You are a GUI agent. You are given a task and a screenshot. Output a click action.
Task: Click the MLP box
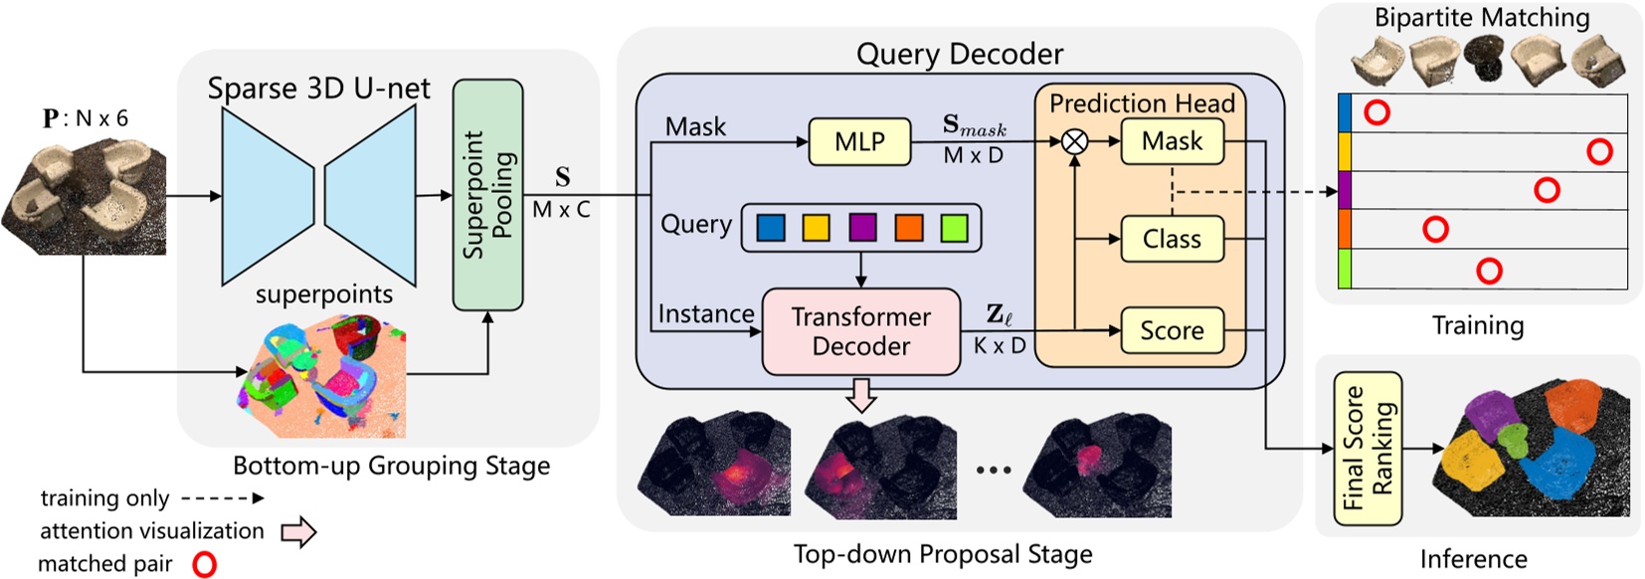click(859, 142)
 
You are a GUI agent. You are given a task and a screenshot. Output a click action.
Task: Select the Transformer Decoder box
click(861, 331)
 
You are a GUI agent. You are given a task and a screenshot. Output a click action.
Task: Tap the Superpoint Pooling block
click(487, 195)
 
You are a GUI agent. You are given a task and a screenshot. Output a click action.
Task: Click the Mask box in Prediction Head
click(1172, 142)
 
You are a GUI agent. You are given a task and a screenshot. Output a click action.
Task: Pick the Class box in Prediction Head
click(1172, 240)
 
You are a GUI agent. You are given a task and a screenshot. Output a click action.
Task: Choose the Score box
click(1172, 330)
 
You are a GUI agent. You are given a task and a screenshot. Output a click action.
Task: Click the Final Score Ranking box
click(1368, 449)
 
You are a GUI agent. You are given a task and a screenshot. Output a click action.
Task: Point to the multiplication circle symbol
click(1074, 142)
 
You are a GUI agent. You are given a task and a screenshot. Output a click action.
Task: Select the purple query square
click(862, 228)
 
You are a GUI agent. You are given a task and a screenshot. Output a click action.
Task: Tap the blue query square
click(771, 228)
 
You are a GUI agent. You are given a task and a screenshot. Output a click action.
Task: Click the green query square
click(954, 228)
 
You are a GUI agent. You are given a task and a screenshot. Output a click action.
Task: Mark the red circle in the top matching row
click(1376, 112)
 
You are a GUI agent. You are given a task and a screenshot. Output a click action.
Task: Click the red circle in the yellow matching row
click(1599, 151)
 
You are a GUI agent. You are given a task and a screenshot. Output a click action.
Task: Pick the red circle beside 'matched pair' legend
click(204, 564)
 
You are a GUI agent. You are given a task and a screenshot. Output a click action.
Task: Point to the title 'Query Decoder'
click(959, 54)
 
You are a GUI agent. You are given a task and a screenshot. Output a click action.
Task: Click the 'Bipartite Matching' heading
click(1481, 17)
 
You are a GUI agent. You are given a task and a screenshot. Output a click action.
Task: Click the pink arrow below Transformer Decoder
click(861, 395)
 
